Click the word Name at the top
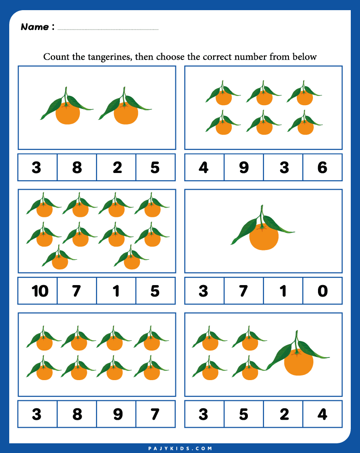point(35,27)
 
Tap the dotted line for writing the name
point(108,30)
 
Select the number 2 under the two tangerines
point(117,167)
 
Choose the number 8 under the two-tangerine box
point(77,167)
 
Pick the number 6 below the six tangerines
point(322,167)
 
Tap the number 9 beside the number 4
point(244,167)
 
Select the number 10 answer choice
point(40,291)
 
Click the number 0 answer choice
point(323,291)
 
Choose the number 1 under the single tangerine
point(283,291)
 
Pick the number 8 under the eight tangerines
point(77,414)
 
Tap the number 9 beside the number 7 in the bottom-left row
point(118,414)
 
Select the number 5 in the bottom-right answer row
point(244,414)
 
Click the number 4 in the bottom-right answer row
point(322,414)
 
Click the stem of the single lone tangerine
point(262,216)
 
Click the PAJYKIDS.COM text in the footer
point(180,448)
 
